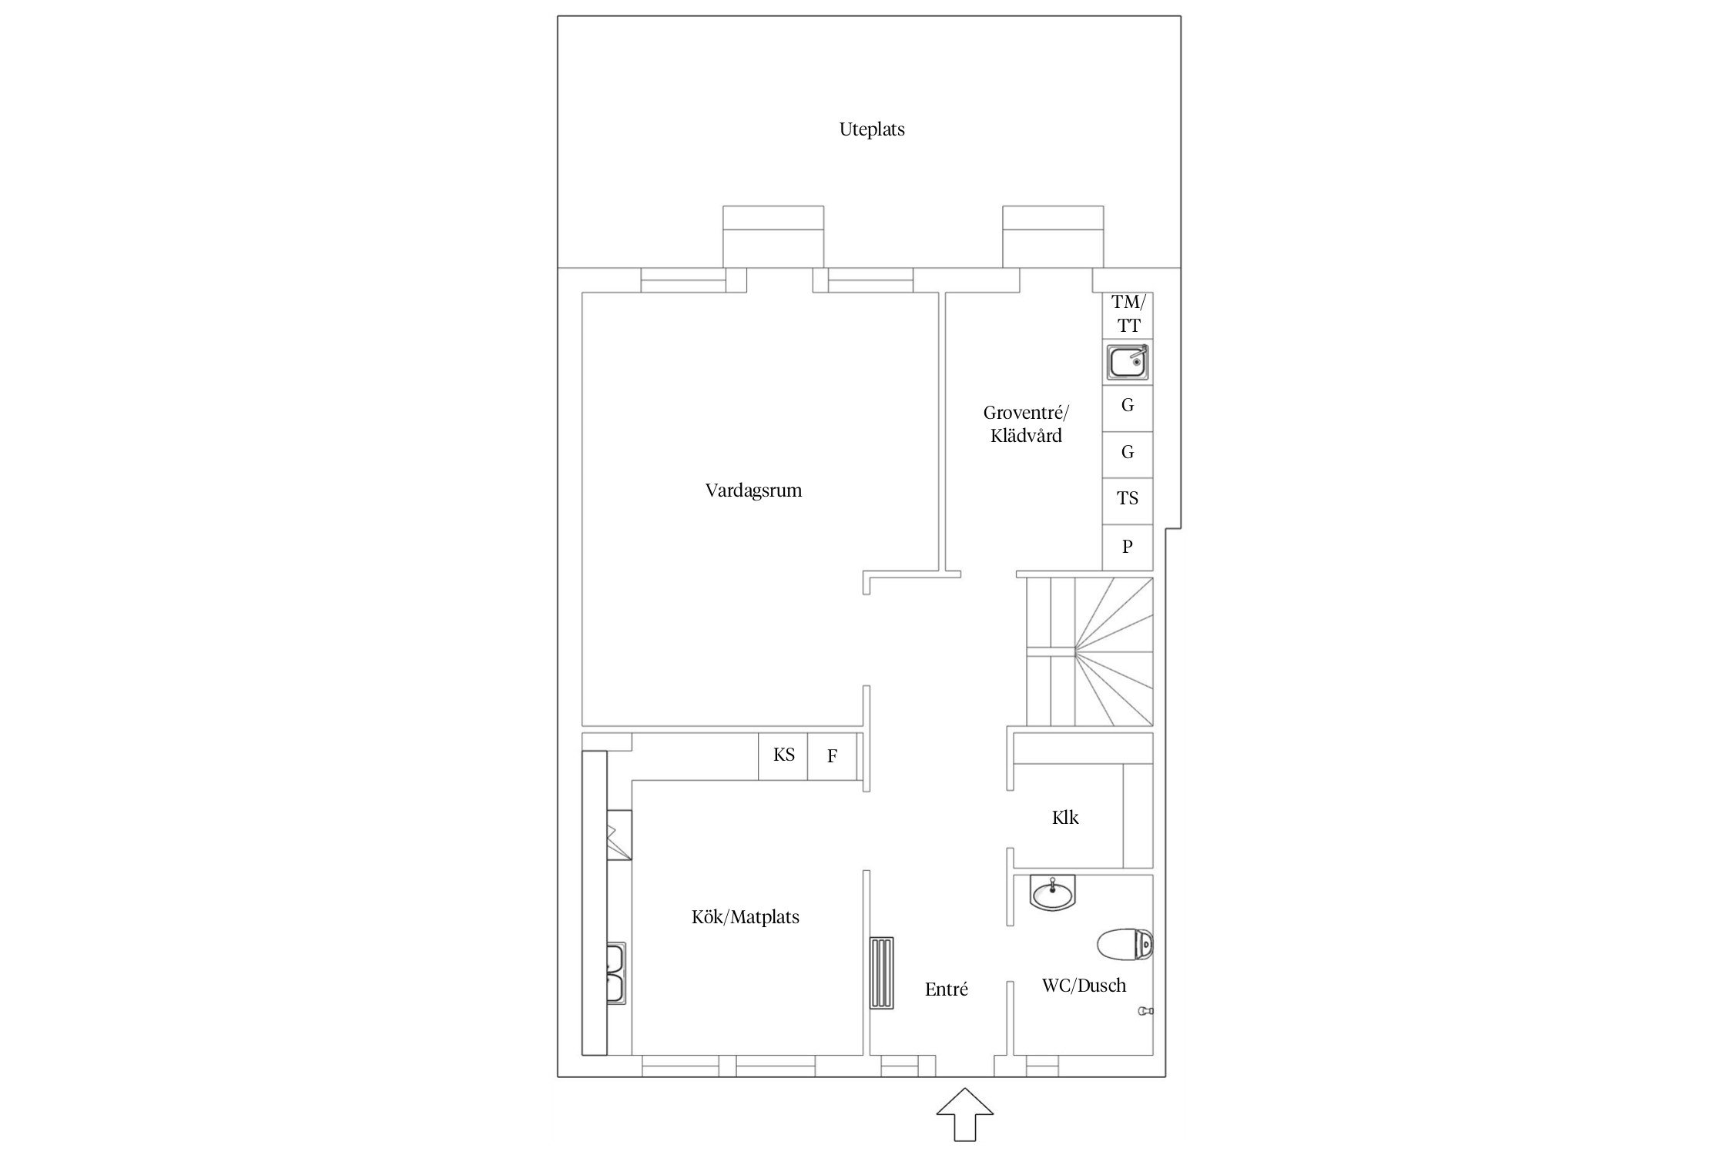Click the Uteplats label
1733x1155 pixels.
(x=872, y=129)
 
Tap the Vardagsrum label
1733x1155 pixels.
(x=753, y=490)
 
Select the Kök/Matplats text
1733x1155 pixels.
(x=746, y=917)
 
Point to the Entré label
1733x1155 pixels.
(x=946, y=989)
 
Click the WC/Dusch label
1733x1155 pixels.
(x=1084, y=986)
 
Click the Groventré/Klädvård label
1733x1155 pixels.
(x=1027, y=423)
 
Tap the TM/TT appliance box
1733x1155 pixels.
(x=1128, y=315)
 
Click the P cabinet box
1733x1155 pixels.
(x=1128, y=547)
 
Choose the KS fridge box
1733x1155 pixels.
(x=783, y=755)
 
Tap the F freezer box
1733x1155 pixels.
(x=833, y=755)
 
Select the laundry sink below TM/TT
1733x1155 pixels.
(x=1128, y=362)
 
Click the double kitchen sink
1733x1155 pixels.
(x=615, y=974)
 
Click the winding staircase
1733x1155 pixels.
(x=1090, y=651)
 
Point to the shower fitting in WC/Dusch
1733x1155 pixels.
(x=1145, y=1011)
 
